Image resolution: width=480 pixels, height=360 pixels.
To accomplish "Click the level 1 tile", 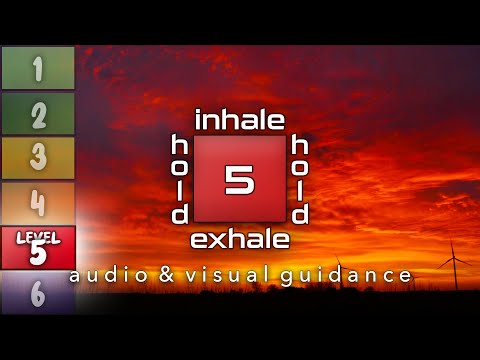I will (38, 68).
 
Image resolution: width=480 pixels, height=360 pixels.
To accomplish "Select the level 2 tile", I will (38, 113).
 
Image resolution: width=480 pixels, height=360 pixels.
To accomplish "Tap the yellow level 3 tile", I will (38, 158).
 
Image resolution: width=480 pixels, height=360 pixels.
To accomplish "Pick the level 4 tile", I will (38, 203).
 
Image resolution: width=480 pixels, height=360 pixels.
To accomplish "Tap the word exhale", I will (240, 239).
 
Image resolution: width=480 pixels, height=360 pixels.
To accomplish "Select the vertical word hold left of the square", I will (180, 181).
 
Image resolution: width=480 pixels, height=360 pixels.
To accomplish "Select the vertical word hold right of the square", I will (299, 181).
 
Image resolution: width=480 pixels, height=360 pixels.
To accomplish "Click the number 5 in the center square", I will (240, 180).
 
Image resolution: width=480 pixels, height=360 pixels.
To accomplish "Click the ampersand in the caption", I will (159, 274).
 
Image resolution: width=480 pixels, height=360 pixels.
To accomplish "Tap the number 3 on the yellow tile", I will (38, 158).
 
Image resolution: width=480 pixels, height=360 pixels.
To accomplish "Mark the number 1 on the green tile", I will (38, 68).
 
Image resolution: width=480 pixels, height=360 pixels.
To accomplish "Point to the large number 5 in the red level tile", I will (38, 254).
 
